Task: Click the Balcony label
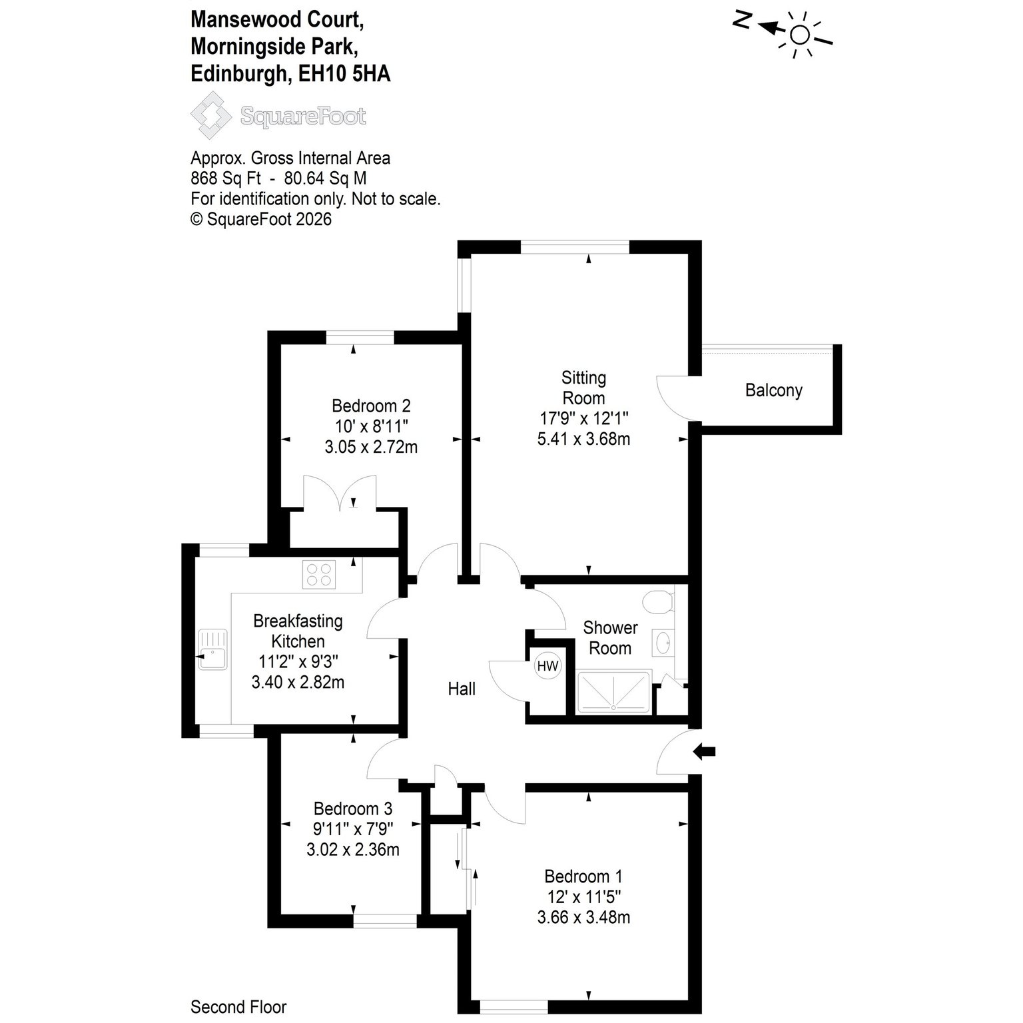[x=773, y=390]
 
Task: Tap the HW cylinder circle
[x=547, y=666]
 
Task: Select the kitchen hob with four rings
[x=319, y=574]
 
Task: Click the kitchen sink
[x=212, y=649]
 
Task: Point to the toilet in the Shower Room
[x=659, y=600]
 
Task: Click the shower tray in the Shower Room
[x=613, y=692]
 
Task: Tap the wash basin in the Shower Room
[x=663, y=643]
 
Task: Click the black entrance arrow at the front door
[x=705, y=752]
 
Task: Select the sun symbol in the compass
[x=799, y=34]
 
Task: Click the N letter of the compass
[x=742, y=21]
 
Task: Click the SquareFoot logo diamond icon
[x=212, y=116]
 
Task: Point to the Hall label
[x=462, y=689]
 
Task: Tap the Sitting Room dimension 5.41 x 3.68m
[x=583, y=439]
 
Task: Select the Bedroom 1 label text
[x=583, y=876]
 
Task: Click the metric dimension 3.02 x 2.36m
[x=353, y=849]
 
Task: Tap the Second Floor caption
[x=238, y=1006]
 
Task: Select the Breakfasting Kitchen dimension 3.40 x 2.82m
[x=298, y=682]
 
